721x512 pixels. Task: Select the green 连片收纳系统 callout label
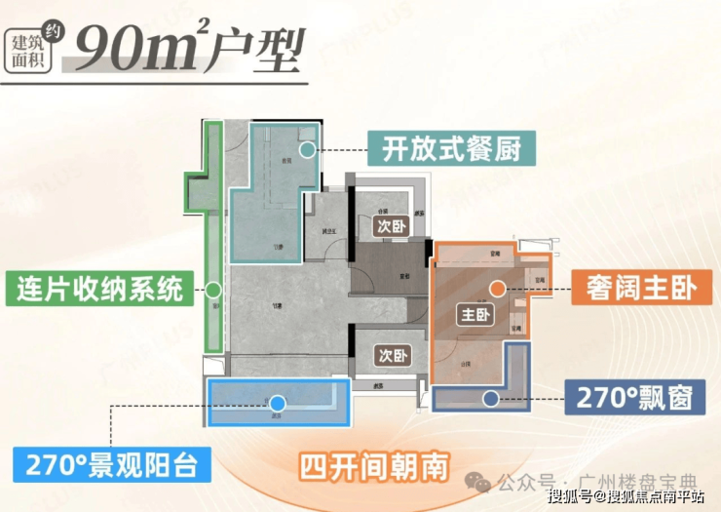[100, 290]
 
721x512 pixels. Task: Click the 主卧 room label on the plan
[475, 315]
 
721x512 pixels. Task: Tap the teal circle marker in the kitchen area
[308, 149]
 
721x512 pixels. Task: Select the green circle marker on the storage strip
[213, 290]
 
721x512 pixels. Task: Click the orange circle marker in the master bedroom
[498, 288]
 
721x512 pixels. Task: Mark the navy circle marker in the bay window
[489, 398]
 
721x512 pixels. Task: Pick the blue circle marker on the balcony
[277, 402]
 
